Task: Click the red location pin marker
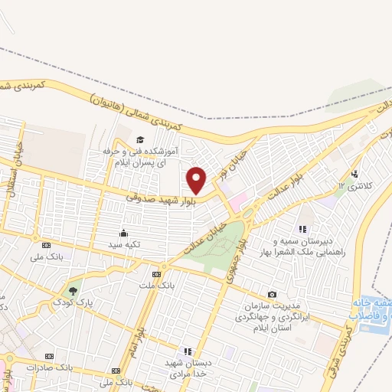197,180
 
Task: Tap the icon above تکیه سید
122,233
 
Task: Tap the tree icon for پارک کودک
73,291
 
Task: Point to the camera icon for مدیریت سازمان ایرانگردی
272,295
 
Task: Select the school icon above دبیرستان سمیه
303,228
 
